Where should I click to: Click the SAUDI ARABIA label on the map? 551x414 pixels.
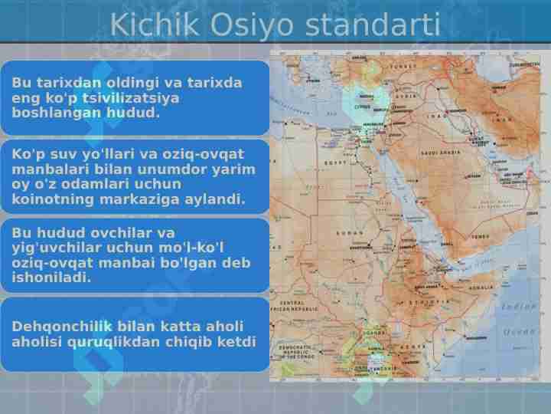(440, 153)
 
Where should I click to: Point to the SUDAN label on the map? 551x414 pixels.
(350, 232)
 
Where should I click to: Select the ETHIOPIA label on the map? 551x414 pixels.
(429, 302)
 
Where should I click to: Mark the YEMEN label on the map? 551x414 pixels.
(480, 237)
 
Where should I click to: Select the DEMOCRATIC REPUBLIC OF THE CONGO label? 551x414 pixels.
(295, 352)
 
